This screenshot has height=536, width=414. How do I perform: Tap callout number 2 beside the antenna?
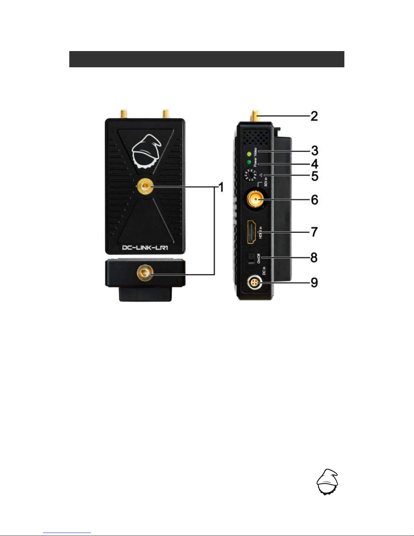pos(314,116)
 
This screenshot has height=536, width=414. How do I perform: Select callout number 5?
pos(314,176)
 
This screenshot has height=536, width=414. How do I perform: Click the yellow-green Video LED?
pos(250,154)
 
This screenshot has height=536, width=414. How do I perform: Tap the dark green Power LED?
pos(249,163)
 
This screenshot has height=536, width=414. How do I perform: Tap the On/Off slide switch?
pos(251,259)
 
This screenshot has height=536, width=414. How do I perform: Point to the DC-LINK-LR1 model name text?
pos(145,248)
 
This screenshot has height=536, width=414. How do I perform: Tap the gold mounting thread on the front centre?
pos(145,187)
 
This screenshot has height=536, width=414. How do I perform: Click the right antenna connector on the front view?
pos(166,114)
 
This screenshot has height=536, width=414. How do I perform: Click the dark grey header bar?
pos(206,59)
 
